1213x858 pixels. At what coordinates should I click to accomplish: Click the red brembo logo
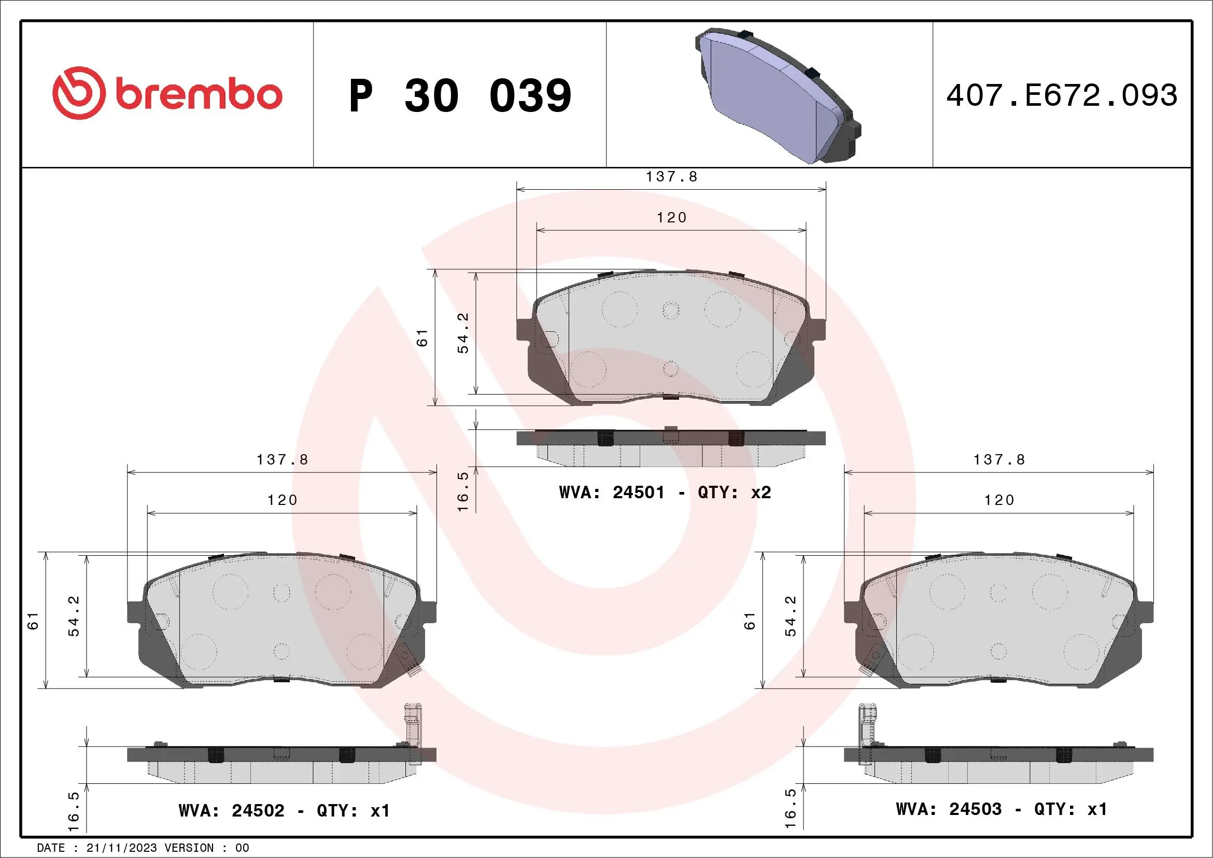tap(167, 93)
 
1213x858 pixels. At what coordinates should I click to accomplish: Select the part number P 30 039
tap(460, 95)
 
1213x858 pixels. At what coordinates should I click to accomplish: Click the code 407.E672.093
tap(1062, 95)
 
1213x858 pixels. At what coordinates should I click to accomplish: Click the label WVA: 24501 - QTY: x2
tap(665, 493)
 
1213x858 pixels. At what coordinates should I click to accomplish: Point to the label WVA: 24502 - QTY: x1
tap(284, 810)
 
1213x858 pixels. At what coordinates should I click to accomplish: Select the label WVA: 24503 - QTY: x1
tap(1001, 809)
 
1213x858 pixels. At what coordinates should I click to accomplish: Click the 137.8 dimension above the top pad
tap(671, 176)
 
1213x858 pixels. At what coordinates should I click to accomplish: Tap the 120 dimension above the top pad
tap(671, 217)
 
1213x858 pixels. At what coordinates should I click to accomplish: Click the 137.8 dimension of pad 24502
tap(282, 460)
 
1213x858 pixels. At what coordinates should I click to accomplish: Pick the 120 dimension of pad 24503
tap(999, 500)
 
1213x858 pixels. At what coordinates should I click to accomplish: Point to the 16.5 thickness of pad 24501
tap(463, 491)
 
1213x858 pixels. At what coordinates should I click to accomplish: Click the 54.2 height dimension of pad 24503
tap(791, 616)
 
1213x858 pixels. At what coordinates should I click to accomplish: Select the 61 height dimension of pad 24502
tap(33, 621)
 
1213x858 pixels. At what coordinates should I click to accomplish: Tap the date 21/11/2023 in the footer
tap(121, 848)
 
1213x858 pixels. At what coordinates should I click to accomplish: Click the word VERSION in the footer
tap(189, 848)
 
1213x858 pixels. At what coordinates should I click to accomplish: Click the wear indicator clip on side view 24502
tap(413, 726)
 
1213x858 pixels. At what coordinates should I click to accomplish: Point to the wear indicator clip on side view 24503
tap(866, 726)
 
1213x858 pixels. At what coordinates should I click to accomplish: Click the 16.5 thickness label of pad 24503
tap(791, 808)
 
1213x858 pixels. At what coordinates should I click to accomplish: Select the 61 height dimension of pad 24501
tap(422, 337)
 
